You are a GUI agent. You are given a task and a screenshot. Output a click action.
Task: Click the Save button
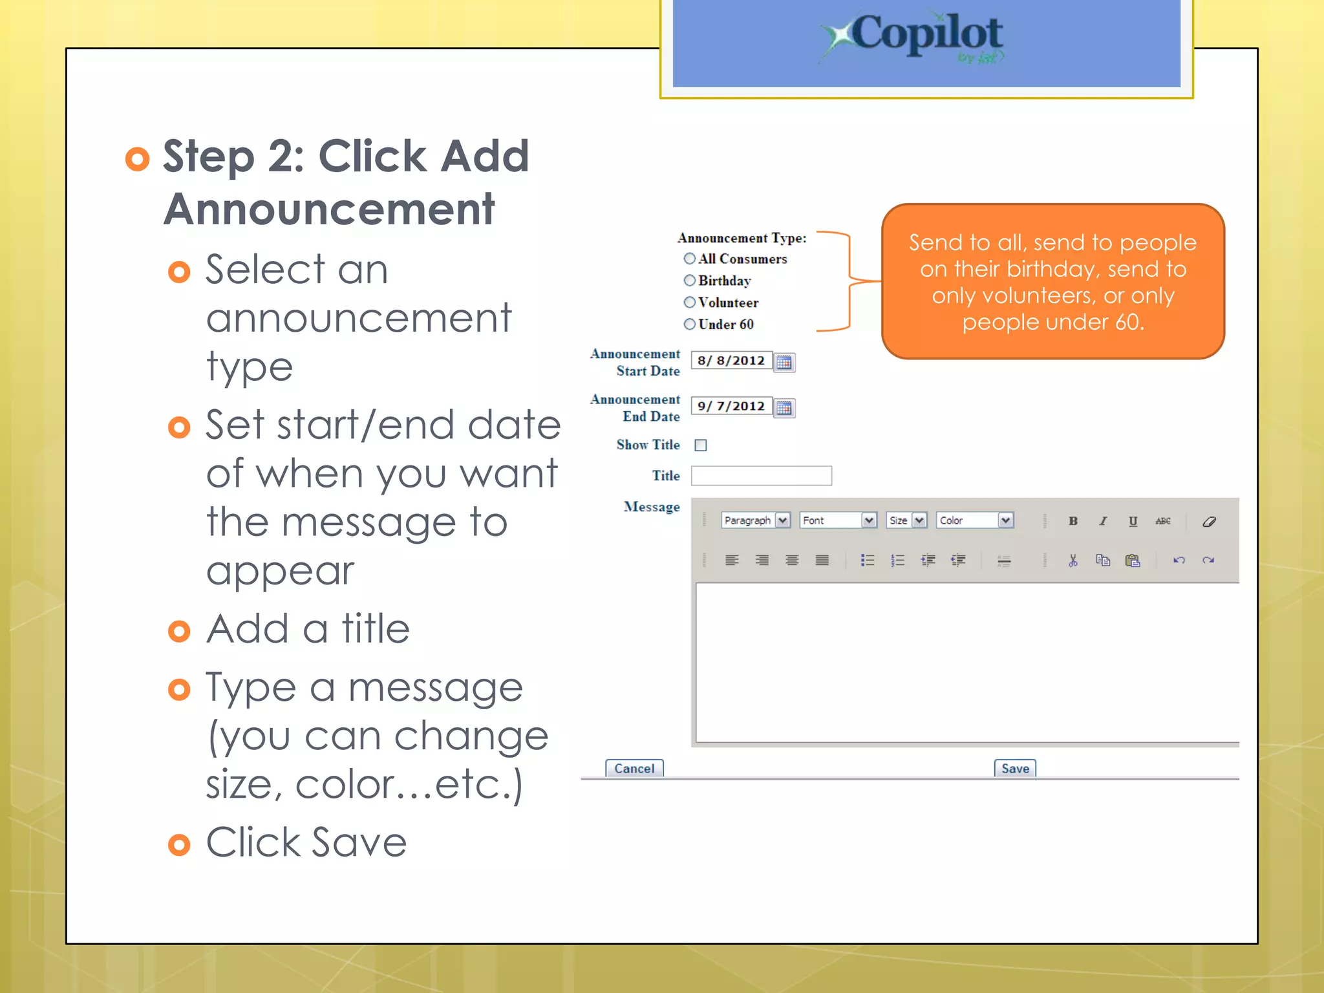[x=1014, y=768]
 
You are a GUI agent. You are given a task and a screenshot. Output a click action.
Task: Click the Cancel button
[x=634, y=768]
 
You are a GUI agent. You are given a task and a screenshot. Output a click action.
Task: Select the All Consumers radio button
[x=689, y=259]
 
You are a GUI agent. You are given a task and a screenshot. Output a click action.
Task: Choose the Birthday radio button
[x=689, y=281]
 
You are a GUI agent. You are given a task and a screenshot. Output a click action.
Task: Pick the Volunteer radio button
[x=689, y=303]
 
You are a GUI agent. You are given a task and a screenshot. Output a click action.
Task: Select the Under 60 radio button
[x=689, y=324]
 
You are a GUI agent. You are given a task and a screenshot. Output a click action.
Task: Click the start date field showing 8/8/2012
[x=731, y=361]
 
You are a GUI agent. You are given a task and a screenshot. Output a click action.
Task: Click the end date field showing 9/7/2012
[x=731, y=406]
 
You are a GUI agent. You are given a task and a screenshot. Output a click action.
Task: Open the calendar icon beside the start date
[x=784, y=362]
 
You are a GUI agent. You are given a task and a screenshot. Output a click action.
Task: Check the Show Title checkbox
[x=700, y=445]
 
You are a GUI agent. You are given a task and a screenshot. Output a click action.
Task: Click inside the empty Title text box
[x=761, y=476]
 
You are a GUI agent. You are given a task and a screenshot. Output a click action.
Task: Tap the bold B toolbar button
[x=1073, y=521]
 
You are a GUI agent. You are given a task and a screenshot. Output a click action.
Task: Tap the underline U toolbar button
[x=1133, y=521]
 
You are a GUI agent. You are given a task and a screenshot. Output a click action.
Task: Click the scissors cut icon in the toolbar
[x=1073, y=561]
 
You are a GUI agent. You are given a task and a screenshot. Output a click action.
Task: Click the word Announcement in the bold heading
[x=329, y=209]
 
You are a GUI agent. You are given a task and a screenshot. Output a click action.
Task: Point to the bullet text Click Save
[x=306, y=842]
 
